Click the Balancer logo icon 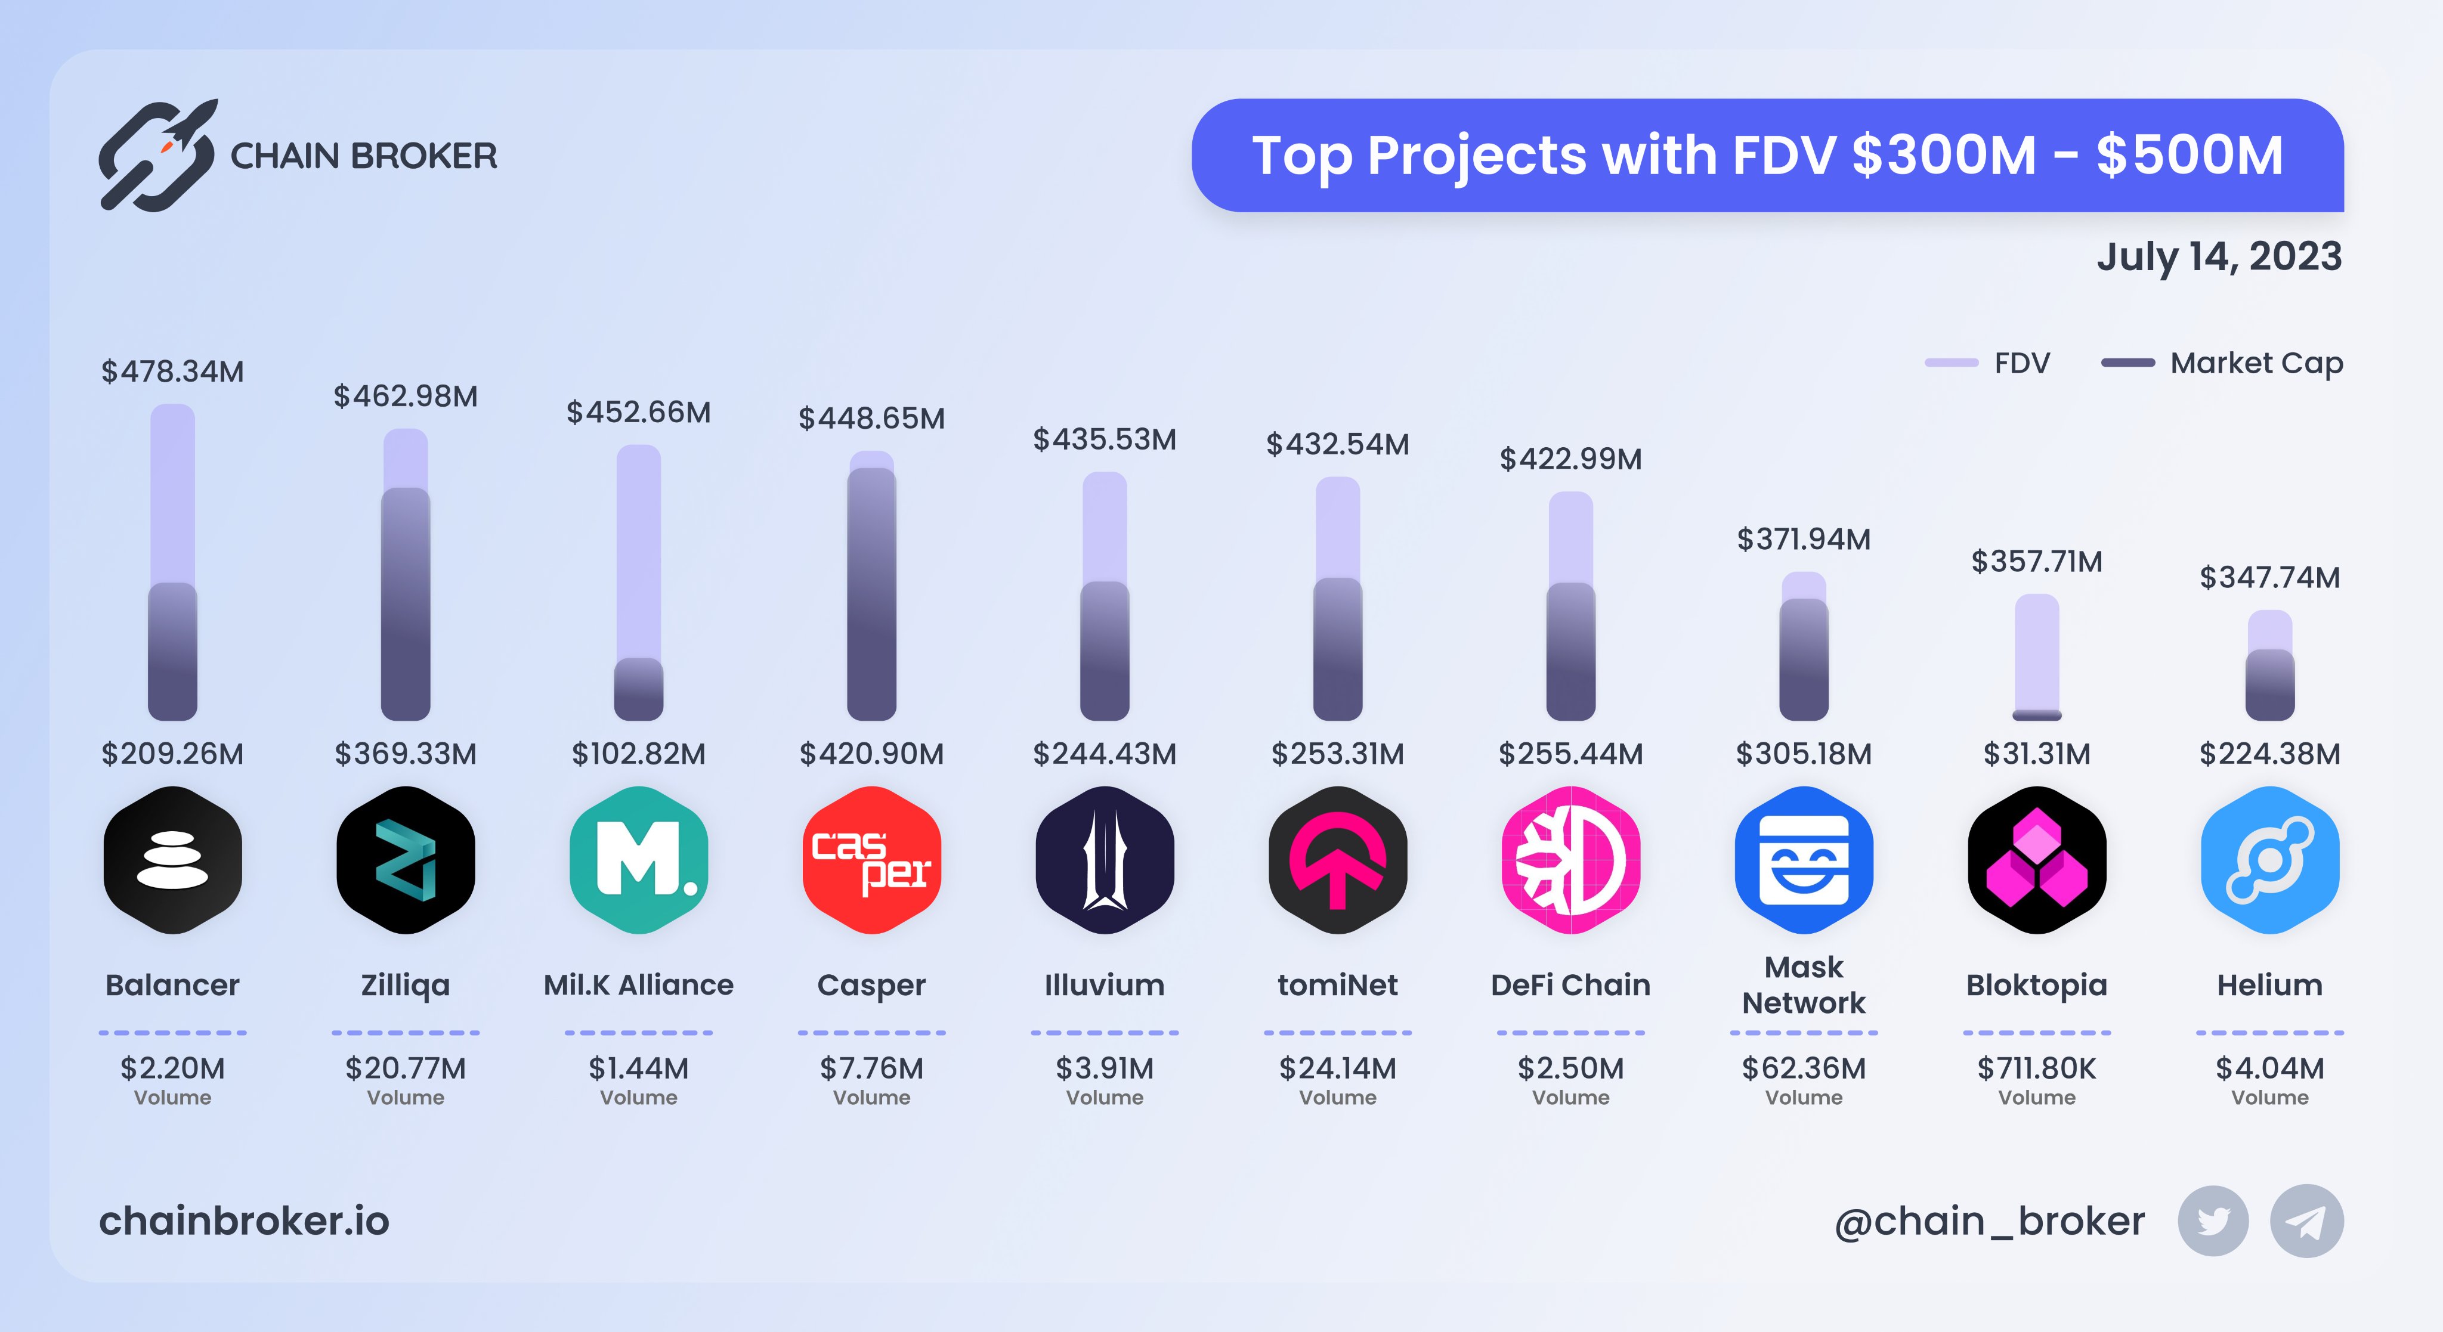click(172, 859)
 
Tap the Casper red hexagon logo click(871, 859)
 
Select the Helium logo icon click(2269, 859)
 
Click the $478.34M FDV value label click(172, 371)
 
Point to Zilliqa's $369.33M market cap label click(406, 754)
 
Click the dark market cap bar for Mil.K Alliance click(638, 689)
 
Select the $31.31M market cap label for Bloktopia click(2037, 754)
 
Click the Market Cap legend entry click(2222, 363)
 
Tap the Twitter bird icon click(2213, 1221)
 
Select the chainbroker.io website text click(245, 1221)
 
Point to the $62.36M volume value click(1804, 1068)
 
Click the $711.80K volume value click(2037, 1068)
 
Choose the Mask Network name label click(1804, 985)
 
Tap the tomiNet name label click(1337, 985)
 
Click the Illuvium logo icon click(1105, 859)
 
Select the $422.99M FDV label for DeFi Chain click(1570, 460)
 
